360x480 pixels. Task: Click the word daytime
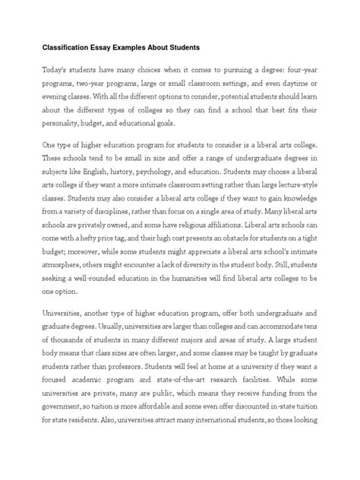click(291, 84)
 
